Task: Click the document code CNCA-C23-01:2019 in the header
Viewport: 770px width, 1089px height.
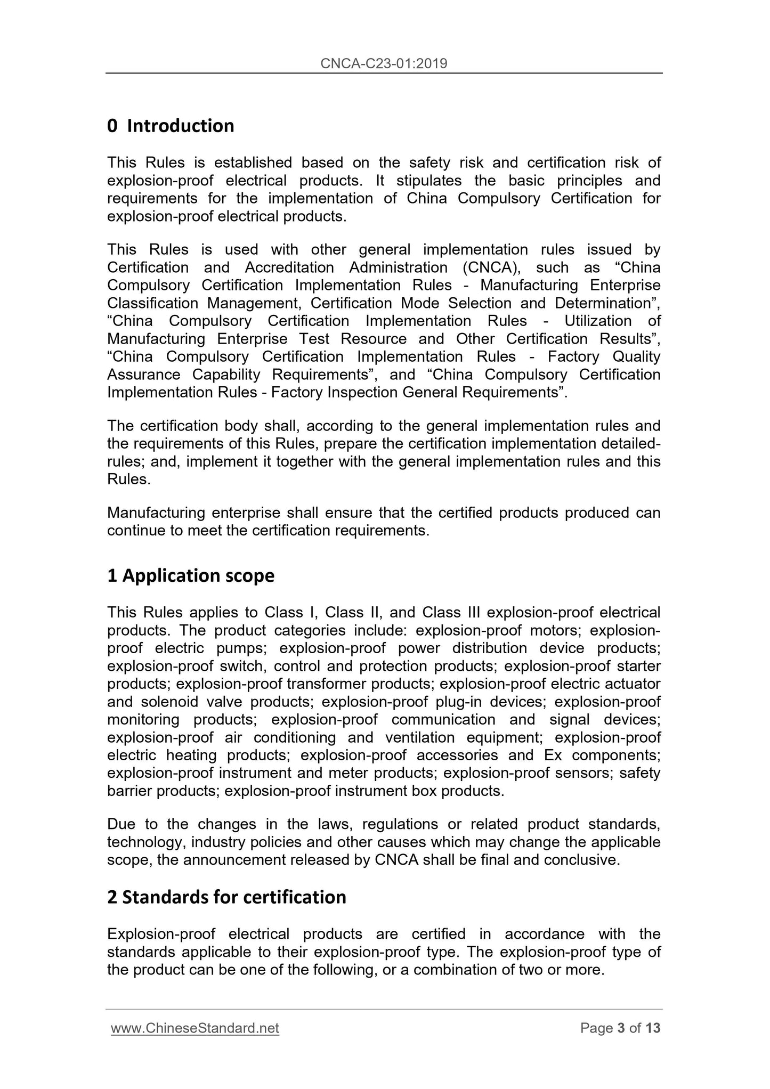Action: pos(384,64)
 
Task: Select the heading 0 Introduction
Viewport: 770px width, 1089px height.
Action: pos(171,126)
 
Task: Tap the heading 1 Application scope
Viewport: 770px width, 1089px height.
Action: pos(191,575)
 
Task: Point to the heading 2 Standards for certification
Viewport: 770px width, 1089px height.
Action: pos(226,897)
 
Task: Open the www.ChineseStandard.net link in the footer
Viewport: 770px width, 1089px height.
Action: pos(195,1028)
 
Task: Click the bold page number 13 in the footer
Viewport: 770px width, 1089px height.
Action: pos(653,1028)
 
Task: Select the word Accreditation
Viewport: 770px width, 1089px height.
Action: pos(289,267)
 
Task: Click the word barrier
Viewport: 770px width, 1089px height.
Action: pos(129,791)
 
